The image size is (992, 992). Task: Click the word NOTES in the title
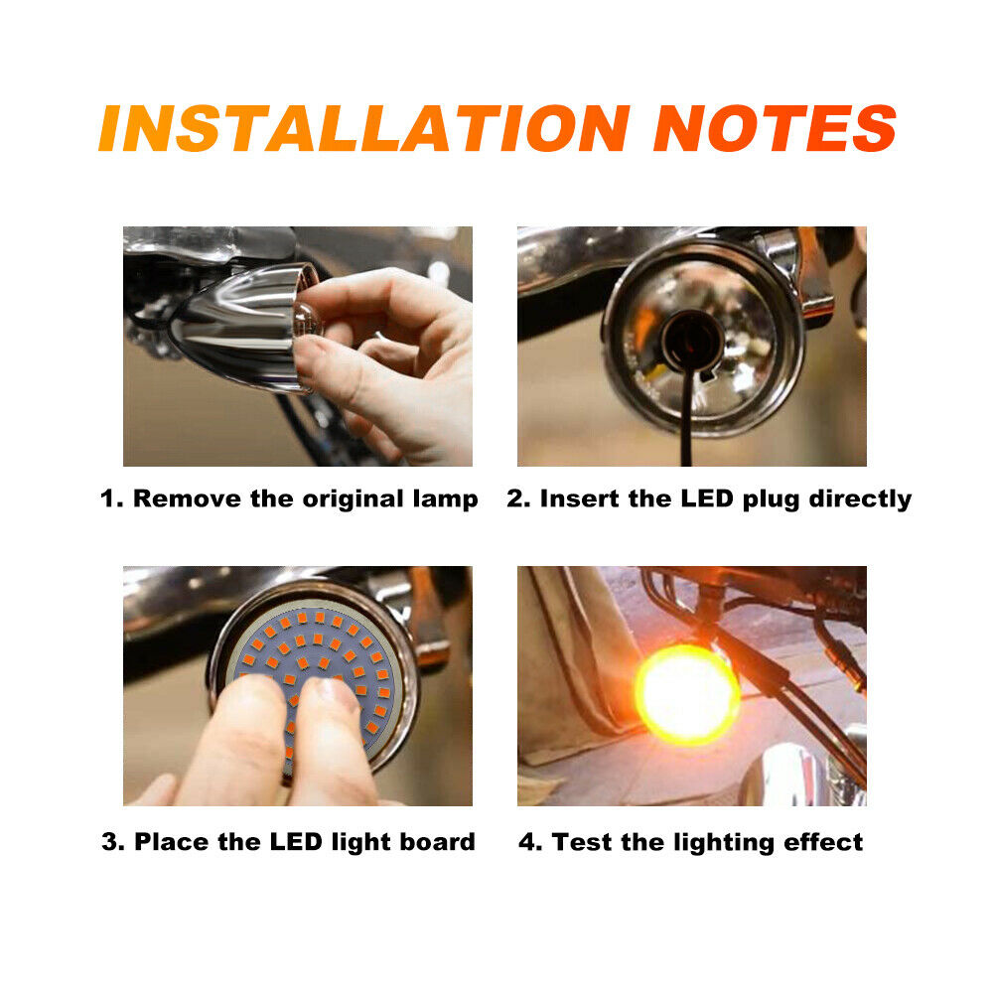[775, 128]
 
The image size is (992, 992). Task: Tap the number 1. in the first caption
[113, 498]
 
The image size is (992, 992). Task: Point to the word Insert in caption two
[579, 498]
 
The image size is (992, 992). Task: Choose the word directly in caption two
[859, 498]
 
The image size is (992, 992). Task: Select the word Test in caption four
[579, 842]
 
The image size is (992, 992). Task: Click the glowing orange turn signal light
[687, 693]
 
